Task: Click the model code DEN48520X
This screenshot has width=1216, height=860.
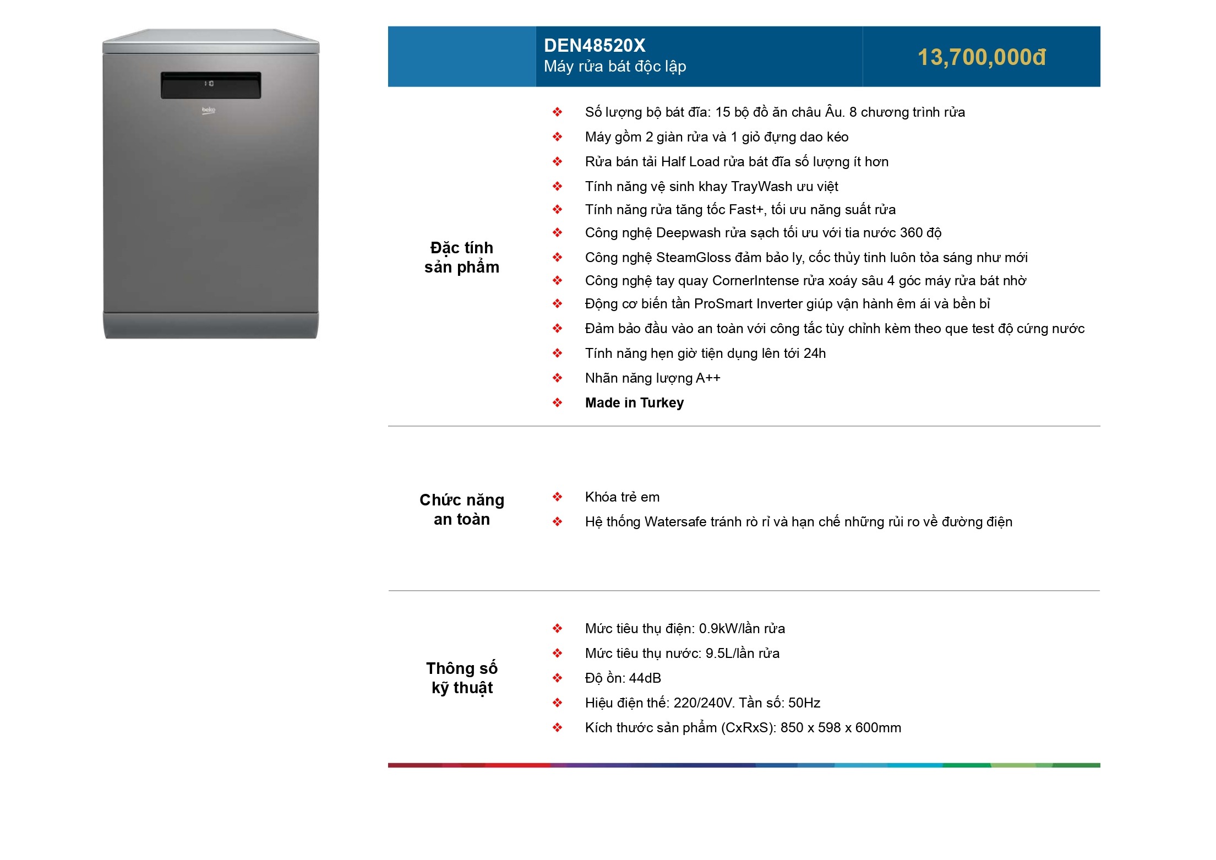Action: pos(594,46)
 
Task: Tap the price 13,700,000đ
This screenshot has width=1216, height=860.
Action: pos(981,57)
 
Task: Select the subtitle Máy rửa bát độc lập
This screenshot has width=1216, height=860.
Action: pos(614,67)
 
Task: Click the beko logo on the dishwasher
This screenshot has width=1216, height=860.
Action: pos(209,111)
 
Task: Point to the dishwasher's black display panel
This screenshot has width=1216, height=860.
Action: pos(211,85)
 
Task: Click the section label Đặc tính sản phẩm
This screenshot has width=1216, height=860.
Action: pos(461,257)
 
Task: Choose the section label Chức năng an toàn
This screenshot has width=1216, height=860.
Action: pos(461,509)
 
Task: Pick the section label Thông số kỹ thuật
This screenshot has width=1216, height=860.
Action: pos(461,678)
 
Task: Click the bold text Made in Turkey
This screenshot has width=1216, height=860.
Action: pos(634,403)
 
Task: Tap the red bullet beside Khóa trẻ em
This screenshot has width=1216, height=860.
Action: pos(557,497)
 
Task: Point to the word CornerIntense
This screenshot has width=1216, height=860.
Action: pos(755,281)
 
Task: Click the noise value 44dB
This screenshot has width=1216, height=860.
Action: pos(645,678)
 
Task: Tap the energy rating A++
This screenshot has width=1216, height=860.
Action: pos(708,378)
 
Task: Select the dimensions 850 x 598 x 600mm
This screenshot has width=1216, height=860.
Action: pos(841,728)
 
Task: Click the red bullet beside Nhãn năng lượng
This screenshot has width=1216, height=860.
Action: pos(557,378)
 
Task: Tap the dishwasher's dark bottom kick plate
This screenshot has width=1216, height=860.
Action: pos(211,325)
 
